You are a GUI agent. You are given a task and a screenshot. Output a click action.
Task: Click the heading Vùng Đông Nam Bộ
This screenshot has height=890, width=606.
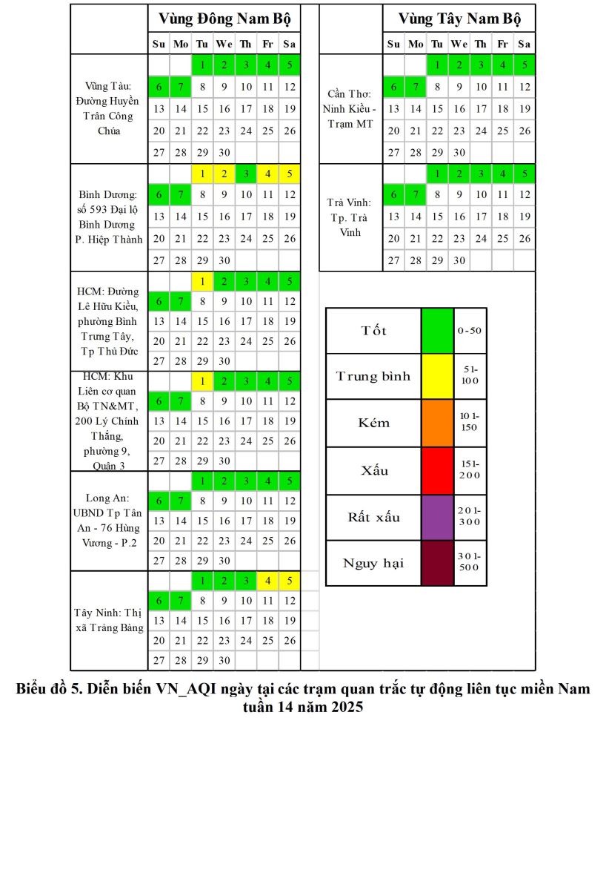pos(224,19)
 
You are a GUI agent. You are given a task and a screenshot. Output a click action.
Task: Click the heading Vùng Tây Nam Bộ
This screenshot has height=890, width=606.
pos(459,19)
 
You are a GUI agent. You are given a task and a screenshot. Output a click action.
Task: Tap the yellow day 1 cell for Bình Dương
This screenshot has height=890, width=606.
pos(202,175)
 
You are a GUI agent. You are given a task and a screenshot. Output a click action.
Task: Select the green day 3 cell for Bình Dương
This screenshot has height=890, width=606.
pos(246,175)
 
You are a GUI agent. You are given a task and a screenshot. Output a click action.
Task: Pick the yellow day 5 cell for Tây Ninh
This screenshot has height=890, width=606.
pos(290,581)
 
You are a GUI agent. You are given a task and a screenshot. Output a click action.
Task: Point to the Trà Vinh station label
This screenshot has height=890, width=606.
pos(350,217)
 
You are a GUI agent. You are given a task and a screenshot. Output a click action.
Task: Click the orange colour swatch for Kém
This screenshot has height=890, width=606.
pos(437,423)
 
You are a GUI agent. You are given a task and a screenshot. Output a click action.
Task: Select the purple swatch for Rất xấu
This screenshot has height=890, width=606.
pos(437,517)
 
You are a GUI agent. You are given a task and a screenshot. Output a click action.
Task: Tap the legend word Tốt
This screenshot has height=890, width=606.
pos(373,331)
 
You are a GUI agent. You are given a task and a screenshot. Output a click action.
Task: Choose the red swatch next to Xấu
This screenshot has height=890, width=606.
pos(437,470)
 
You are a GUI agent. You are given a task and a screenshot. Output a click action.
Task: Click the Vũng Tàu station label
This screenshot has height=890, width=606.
pos(108,108)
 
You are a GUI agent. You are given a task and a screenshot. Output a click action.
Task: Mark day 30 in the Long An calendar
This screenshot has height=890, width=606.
pos(224,561)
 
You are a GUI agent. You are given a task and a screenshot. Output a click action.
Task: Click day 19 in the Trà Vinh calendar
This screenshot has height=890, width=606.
pos(525,217)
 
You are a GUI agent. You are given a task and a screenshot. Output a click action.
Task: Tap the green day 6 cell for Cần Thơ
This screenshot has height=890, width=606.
pos(393,88)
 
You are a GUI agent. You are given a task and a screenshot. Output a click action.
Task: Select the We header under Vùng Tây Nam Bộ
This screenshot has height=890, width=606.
pos(459,44)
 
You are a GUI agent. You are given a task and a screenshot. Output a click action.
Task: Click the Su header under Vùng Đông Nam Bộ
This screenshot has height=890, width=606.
pos(159,44)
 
